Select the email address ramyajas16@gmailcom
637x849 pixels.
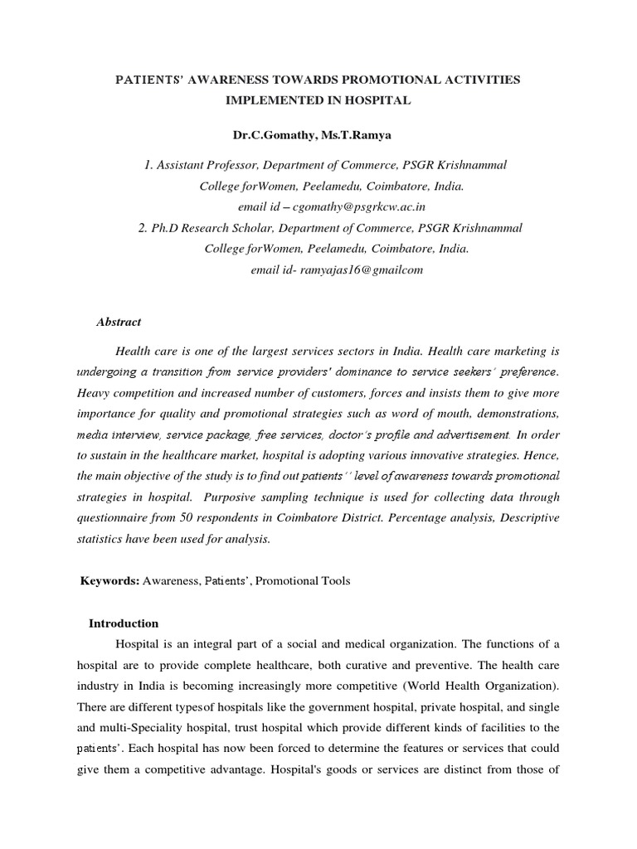[x=342, y=269]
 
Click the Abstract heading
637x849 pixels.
[x=120, y=322]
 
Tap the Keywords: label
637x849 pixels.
[x=109, y=581]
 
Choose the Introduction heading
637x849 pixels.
[x=124, y=623]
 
